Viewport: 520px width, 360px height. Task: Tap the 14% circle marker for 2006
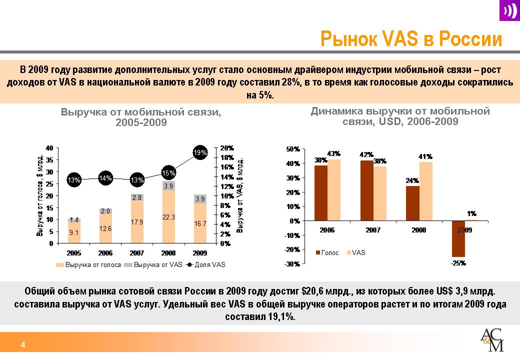click(105, 177)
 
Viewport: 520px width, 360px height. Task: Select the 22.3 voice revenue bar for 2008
click(168, 216)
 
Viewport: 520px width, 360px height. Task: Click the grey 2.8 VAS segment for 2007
click(137, 197)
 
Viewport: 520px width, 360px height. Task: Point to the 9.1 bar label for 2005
click(73, 232)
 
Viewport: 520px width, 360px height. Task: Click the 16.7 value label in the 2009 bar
click(200, 224)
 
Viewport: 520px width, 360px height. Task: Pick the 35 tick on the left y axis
click(49, 160)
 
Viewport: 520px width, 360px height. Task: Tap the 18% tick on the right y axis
click(226, 157)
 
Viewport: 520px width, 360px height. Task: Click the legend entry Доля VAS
click(205, 265)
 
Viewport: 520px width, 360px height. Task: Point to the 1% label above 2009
click(471, 213)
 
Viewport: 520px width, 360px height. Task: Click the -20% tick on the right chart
click(292, 249)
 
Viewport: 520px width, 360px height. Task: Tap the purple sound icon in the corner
click(509, 11)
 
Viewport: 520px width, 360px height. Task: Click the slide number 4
click(22, 344)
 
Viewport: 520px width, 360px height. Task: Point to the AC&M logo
click(492, 341)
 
